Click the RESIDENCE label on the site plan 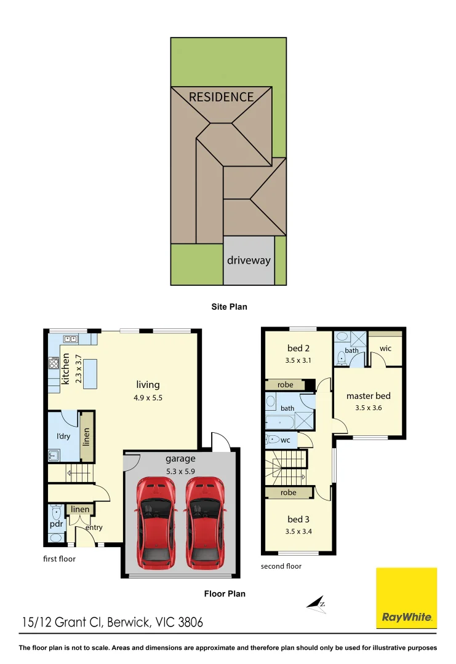click(221, 97)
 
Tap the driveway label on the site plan click(249, 260)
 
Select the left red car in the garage click(154, 523)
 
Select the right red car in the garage click(204, 523)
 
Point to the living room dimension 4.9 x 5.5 click(148, 397)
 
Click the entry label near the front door click(94, 528)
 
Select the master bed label click(368, 396)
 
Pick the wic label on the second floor click(385, 349)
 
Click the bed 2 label click(299, 349)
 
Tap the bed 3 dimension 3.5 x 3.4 click(298, 532)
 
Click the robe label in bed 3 click(287, 492)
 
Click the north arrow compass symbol click(317, 604)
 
